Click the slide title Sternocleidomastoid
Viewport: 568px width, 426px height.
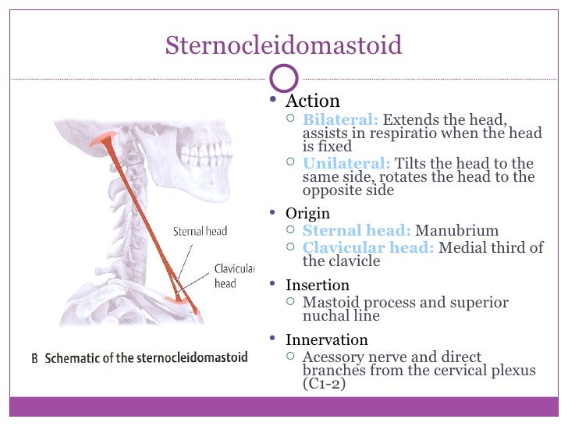(283, 45)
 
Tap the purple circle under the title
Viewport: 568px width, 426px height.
(283, 79)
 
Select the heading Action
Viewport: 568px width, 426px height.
(312, 101)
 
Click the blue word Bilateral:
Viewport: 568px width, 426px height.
(340, 120)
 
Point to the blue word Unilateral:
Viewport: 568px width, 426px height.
(346, 164)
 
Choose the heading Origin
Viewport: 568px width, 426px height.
(307, 213)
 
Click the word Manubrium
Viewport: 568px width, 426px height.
(456, 230)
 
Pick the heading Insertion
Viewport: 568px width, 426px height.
(317, 285)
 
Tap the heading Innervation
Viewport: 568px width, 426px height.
(326, 339)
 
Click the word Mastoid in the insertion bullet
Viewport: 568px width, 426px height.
(330, 303)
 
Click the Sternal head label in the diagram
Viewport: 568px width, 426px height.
(201, 231)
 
